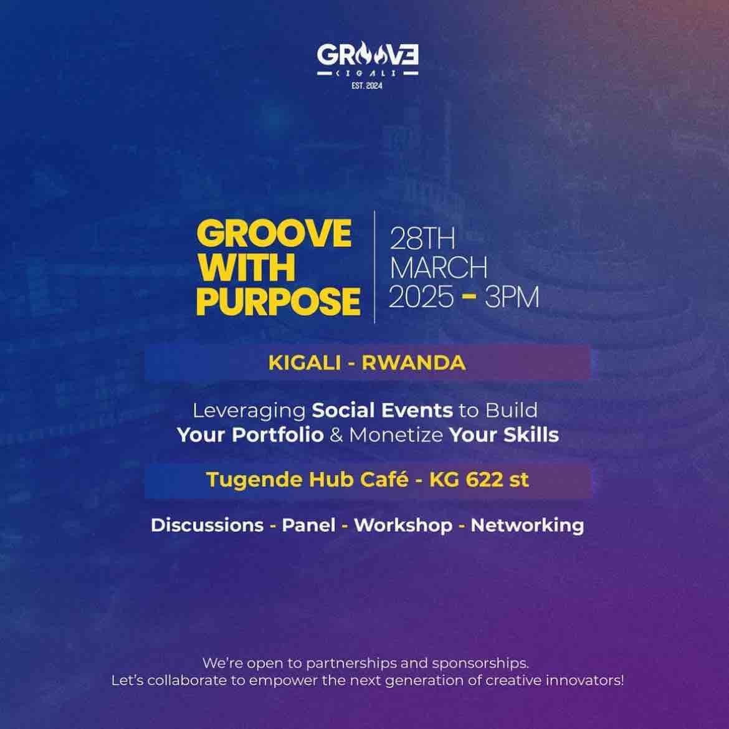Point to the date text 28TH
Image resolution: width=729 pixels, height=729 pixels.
[422, 239]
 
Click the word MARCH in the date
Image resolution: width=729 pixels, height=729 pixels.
[438, 269]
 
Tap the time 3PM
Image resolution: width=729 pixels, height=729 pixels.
[512, 298]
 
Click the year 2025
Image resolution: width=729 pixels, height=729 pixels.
[421, 298]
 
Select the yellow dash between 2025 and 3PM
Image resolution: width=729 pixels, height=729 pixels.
[467, 298]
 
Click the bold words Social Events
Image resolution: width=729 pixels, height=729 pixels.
[382, 411]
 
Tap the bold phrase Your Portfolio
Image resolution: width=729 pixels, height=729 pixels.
[250, 434]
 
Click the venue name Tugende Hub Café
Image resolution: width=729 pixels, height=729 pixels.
[308, 480]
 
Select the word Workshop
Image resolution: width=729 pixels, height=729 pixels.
[403, 525]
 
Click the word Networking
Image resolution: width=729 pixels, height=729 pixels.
[527, 525]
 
